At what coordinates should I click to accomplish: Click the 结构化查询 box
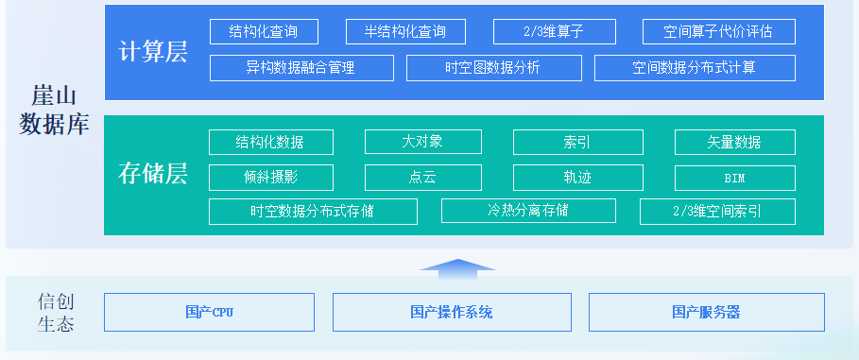click(264, 32)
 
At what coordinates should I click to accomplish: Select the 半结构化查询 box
click(405, 32)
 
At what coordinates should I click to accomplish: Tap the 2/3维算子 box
click(555, 32)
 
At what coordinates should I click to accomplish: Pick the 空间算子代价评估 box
click(719, 32)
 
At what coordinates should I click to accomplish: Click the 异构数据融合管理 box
click(301, 68)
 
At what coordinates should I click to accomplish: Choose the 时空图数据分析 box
click(493, 68)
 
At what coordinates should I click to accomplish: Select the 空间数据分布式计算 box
click(695, 68)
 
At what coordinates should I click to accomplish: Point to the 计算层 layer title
click(153, 52)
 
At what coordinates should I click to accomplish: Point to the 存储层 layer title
click(153, 173)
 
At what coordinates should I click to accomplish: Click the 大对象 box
click(423, 142)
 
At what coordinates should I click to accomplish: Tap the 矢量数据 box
click(734, 143)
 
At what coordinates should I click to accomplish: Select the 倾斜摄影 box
click(271, 178)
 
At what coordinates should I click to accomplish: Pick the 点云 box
click(423, 178)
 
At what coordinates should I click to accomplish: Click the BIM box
click(734, 178)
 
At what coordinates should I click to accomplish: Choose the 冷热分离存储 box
click(528, 211)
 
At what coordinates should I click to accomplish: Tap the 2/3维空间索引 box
click(717, 212)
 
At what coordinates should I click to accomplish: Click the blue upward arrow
click(457, 269)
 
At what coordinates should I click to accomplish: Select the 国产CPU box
click(209, 313)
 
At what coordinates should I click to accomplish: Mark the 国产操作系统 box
click(452, 313)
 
